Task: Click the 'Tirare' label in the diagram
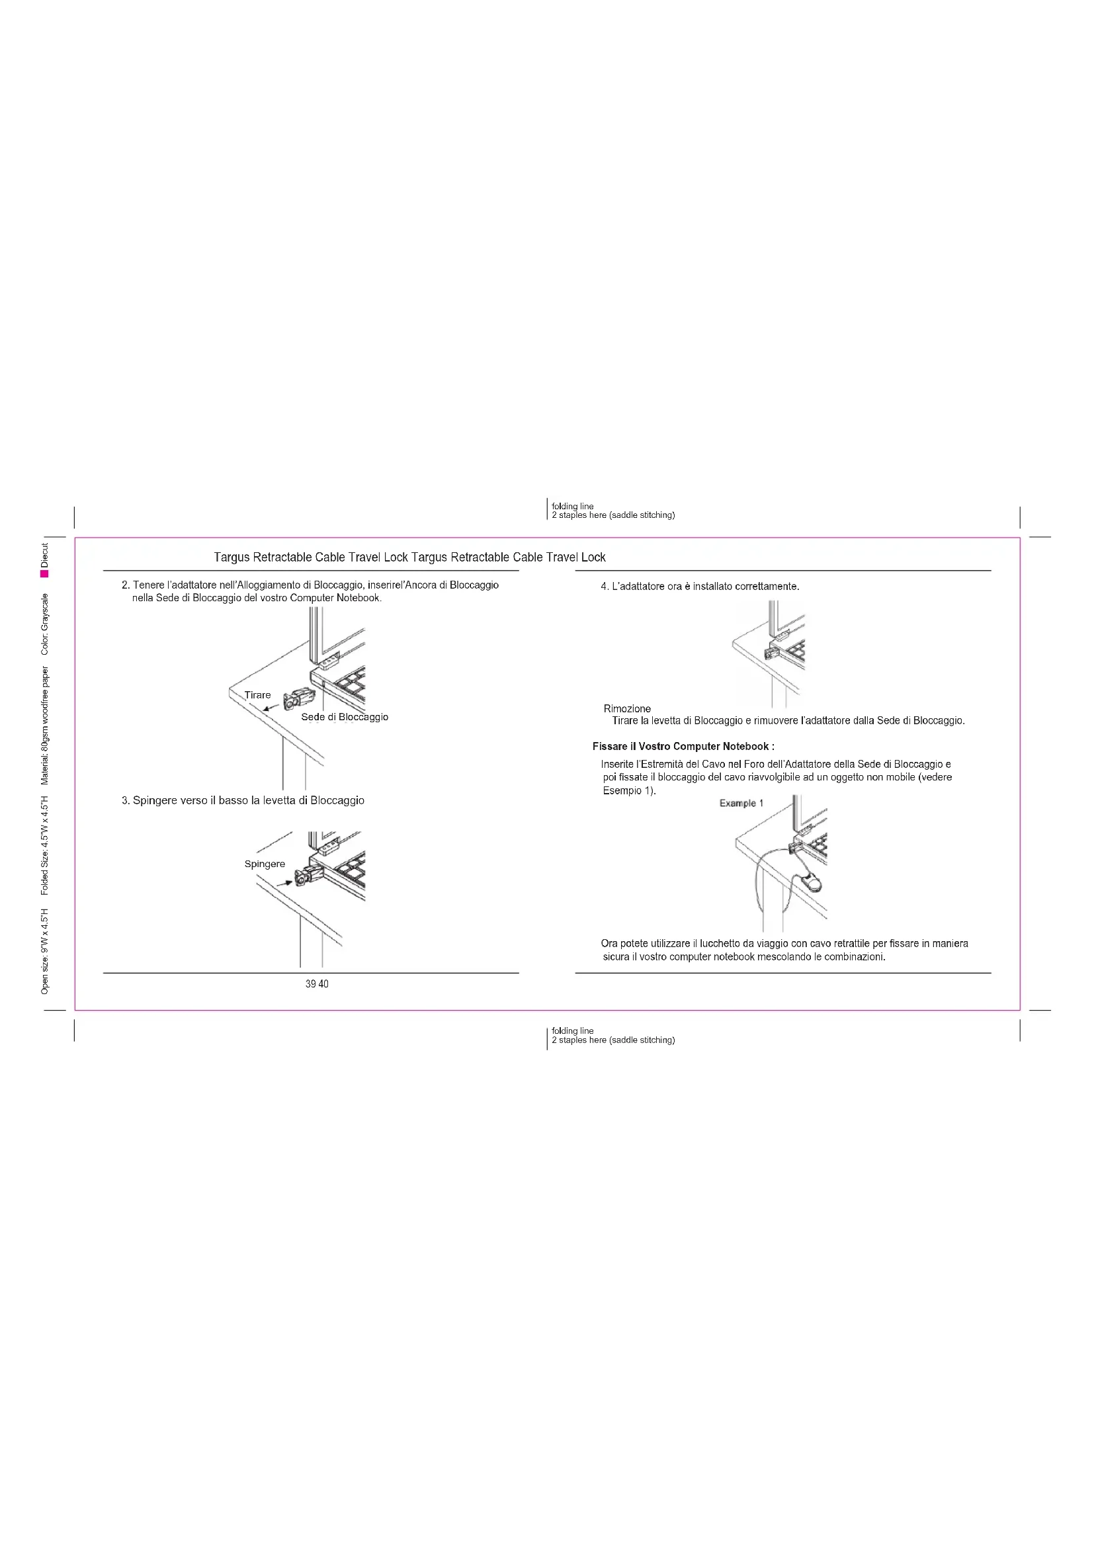[x=257, y=694]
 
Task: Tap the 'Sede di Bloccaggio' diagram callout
[x=344, y=717]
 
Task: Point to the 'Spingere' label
[x=264, y=864]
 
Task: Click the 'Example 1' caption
[x=741, y=803]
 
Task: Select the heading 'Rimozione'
[x=626, y=708]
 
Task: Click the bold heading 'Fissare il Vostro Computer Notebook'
[x=683, y=746]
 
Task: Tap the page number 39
[x=311, y=983]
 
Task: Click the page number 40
[x=323, y=983]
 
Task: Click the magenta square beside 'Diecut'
[x=44, y=573]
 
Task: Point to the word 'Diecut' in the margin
[x=44, y=554]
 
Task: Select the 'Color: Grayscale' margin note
[x=44, y=624]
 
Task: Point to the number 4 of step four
[x=604, y=586]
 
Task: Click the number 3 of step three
[x=124, y=800]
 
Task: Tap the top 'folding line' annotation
[x=573, y=506]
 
